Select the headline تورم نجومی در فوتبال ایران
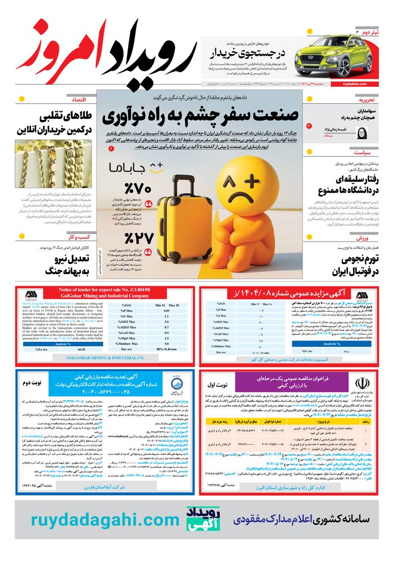(x=353, y=266)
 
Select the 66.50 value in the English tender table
(x=82, y=349)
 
